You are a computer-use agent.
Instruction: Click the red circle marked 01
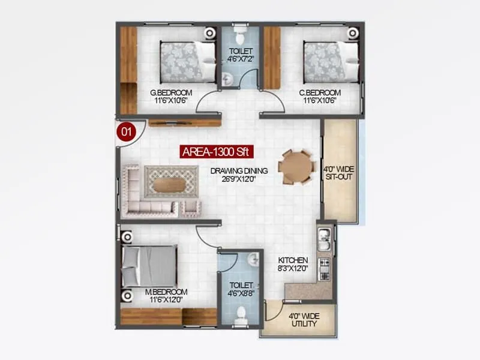click(125, 131)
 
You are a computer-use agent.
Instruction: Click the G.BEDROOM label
click(171, 96)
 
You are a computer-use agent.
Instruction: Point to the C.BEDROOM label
click(320, 96)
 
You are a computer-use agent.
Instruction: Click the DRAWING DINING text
click(239, 174)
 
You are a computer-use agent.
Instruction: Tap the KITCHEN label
click(293, 264)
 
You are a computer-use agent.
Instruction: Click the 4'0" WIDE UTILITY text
click(302, 320)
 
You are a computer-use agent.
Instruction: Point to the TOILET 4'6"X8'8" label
click(241, 290)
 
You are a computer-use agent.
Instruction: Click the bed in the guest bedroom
click(188, 61)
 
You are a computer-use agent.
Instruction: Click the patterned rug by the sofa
click(171, 181)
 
